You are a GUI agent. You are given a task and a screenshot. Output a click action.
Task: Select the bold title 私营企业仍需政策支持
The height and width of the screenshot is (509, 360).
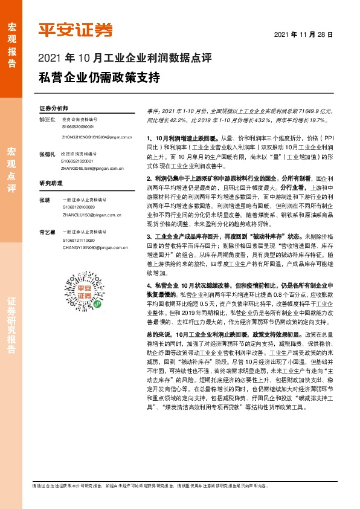coord(99,78)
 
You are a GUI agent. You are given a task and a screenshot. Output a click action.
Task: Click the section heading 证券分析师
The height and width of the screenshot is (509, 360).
coord(54,107)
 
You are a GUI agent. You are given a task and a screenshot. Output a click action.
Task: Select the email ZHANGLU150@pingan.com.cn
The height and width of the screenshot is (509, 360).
coord(88,214)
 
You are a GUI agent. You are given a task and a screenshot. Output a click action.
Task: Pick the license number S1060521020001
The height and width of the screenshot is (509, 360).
coord(78,161)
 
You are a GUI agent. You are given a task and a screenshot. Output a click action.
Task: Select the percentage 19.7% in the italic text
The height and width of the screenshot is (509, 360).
coord(320,120)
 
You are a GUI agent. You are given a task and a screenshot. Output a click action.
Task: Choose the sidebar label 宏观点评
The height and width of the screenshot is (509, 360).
coord(11,169)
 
